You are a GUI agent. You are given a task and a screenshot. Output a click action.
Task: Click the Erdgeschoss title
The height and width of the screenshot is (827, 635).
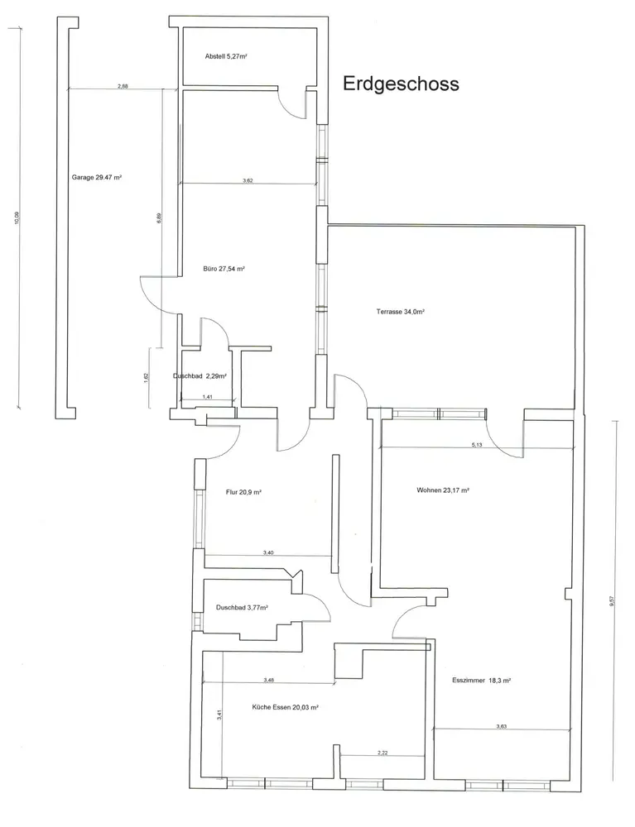click(x=401, y=84)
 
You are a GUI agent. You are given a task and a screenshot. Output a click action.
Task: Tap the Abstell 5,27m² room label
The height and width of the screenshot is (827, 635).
click(x=226, y=56)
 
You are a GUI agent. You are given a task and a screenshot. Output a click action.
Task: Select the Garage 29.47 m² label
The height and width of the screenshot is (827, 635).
click(x=97, y=178)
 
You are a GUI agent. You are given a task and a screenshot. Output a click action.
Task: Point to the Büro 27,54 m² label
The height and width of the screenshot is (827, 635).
click(x=224, y=269)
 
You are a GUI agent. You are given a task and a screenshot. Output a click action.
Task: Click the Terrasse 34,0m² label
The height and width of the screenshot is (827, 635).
click(x=401, y=312)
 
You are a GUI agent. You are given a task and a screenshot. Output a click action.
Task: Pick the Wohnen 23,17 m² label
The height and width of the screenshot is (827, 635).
click(x=444, y=490)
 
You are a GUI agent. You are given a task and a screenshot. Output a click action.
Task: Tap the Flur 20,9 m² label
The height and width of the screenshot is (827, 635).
click(x=243, y=492)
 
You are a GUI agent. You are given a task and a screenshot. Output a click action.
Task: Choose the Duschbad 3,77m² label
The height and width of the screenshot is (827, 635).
click(x=242, y=608)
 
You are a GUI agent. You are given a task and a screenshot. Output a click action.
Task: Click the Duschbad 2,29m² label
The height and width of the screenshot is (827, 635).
click(x=200, y=376)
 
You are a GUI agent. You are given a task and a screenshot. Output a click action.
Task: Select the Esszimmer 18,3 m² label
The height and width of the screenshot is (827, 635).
click(x=481, y=681)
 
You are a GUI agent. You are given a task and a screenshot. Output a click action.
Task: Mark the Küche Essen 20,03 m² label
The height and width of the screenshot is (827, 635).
click(x=285, y=708)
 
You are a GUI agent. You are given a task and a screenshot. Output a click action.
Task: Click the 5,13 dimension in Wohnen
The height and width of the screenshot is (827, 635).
click(x=477, y=445)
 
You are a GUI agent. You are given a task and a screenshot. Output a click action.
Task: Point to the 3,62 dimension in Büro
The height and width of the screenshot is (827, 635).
click(x=248, y=180)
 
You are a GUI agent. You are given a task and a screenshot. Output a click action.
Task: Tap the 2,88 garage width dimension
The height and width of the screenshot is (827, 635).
click(x=122, y=86)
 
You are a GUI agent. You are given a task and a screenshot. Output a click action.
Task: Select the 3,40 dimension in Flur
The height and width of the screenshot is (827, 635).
click(x=268, y=552)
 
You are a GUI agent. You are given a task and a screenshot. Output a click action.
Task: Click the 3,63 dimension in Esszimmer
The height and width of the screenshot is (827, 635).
click(x=502, y=726)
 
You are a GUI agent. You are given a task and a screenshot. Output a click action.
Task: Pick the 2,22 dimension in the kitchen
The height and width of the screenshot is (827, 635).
click(x=382, y=753)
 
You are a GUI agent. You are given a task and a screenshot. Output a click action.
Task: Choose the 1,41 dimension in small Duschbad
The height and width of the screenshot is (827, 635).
click(x=208, y=397)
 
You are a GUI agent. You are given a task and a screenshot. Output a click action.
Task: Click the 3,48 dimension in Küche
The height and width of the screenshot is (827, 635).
click(x=268, y=680)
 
